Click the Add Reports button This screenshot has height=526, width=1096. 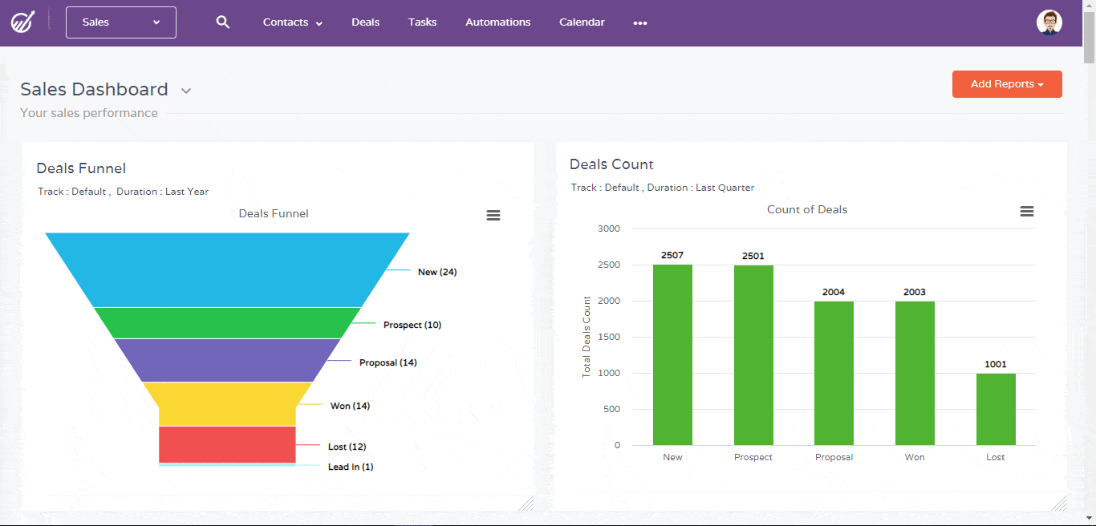click(1007, 84)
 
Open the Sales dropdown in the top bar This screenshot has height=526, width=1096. click(121, 22)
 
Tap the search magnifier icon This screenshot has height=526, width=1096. click(223, 22)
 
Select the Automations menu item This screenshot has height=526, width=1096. click(497, 22)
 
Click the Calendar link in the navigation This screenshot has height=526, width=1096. click(582, 22)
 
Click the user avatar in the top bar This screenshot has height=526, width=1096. click(1049, 22)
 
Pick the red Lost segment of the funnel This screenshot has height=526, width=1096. click(227, 444)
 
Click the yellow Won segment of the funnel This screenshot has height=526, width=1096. click(227, 403)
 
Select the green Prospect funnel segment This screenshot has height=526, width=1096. click(227, 322)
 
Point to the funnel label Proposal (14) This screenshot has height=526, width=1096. click(388, 362)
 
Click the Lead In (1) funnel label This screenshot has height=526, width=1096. click(351, 467)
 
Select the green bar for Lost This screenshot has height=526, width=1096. click(996, 409)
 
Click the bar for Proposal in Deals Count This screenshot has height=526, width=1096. click(834, 373)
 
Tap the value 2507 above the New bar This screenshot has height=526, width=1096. click(672, 255)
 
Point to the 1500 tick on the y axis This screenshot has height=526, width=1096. click(609, 337)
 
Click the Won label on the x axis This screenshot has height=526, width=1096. click(915, 457)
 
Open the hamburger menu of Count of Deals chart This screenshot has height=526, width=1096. click(1026, 211)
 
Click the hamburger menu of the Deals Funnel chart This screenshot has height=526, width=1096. click(493, 215)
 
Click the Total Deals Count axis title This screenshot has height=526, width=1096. click(587, 337)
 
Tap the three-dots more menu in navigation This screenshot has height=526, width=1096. click(639, 23)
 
